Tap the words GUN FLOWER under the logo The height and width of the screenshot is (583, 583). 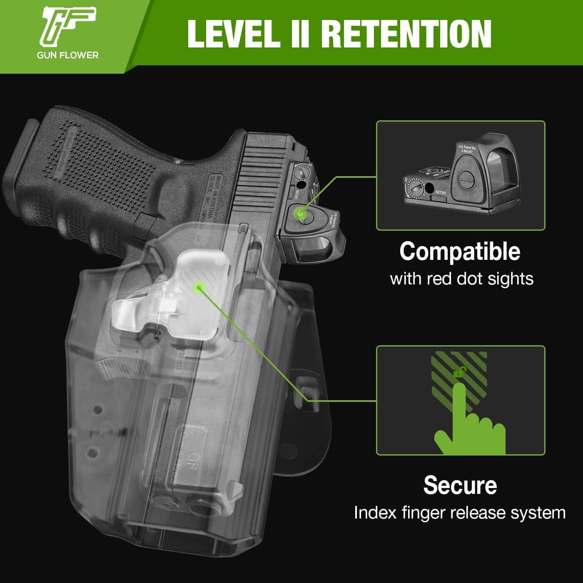(67, 55)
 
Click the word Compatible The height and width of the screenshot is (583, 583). (460, 252)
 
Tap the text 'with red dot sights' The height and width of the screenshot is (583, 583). (461, 279)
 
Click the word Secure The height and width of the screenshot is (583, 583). (460, 485)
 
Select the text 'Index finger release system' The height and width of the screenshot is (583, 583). (460, 513)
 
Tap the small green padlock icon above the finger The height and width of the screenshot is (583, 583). (459, 372)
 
